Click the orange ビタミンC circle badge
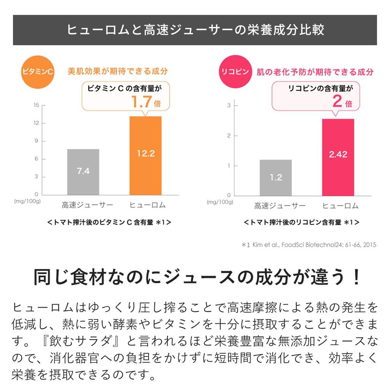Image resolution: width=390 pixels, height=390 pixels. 37,72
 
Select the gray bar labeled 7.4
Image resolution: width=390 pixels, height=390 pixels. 83,172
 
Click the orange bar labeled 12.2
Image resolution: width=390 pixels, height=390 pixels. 145,155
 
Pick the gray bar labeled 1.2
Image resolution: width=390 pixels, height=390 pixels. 276,177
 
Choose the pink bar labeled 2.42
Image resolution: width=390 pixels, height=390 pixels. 338,157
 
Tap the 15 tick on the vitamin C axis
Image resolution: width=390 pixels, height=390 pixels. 37,105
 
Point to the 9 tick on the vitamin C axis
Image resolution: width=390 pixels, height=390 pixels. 37,141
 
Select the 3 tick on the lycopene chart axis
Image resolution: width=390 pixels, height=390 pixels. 229,105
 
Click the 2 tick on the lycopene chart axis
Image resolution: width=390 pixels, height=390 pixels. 229,136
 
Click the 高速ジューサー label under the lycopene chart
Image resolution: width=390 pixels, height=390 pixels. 280,206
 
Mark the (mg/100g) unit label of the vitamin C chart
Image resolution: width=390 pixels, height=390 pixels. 28,201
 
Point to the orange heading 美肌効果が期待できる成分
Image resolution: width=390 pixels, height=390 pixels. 118,71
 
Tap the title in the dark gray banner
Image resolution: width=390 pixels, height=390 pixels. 195,30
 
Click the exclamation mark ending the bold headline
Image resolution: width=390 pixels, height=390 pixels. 356,278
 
